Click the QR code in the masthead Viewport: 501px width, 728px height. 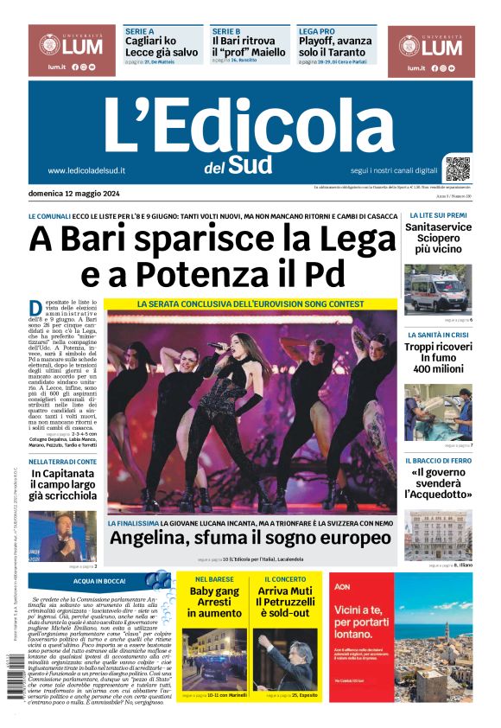point(458,168)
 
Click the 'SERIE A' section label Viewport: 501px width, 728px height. point(139,30)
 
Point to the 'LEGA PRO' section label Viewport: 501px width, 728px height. point(316,30)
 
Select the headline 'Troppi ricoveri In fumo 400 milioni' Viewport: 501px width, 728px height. point(438,357)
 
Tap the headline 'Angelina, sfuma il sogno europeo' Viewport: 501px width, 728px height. point(250,538)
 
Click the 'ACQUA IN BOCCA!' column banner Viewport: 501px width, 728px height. point(100,581)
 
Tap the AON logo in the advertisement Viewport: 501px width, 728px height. point(340,585)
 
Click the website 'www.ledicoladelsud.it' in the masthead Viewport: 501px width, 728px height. point(87,170)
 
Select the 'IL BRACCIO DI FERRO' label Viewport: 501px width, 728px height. point(439,461)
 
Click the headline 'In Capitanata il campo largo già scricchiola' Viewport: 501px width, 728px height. point(63,484)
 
